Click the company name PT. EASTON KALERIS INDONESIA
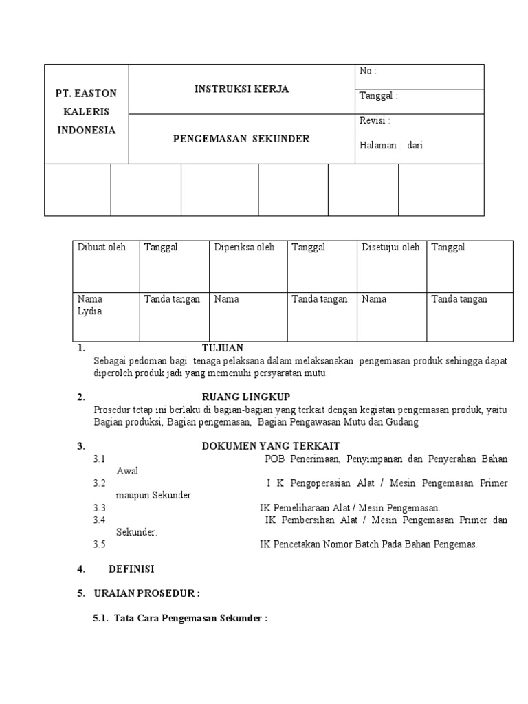coord(87,111)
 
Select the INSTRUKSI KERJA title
coord(241,89)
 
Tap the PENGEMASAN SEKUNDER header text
coord(241,139)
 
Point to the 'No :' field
coord(368,71)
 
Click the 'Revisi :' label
coord(375,121)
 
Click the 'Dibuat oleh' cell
coord(102,247)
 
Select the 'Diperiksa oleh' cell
coord(244,247)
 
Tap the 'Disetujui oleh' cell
coord(390,247)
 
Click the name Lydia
coord(89,311)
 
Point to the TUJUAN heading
coord(222,348)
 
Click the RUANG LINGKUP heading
coord(245,397)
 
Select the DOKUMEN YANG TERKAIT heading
coord(270,446)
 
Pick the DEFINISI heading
coord(131,569)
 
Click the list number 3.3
coord(100,508)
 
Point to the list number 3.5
coord(100,544)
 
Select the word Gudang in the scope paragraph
coord(404,422)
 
